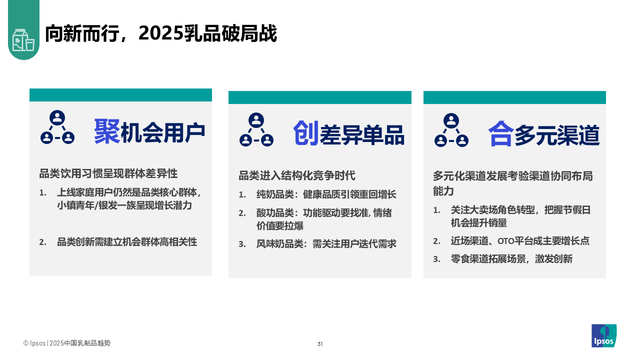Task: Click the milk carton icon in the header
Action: [x=23, y=40]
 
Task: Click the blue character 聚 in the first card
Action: [x=107, y=131]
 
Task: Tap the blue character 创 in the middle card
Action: [x=306, y=133]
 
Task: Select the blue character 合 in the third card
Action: [x=501, y=133]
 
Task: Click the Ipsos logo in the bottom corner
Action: [x=603, y=335]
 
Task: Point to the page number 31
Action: [x=320, y=344]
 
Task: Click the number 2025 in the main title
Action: [x=160, y=33]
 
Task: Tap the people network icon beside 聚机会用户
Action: [x=57, y=127]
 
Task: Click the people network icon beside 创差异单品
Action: [x=256, y=129]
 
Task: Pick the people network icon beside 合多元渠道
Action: [x=451, y=130]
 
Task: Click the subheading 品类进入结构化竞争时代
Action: [x=297, y=175]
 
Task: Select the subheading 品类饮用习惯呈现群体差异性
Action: [x=108, y=173]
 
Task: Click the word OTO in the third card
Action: [x=506, y=241]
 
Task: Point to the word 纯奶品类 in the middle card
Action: [x=275, y=194]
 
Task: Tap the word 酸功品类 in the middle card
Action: [x=275, y=213]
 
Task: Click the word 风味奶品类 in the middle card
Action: [x=279, y=244]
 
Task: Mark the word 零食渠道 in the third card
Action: [x=469, y=259]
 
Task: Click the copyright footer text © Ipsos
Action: [x=34, y=343]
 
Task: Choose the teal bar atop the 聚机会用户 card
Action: [x=120, y=95]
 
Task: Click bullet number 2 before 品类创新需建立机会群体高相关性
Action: [x=42, y=242]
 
